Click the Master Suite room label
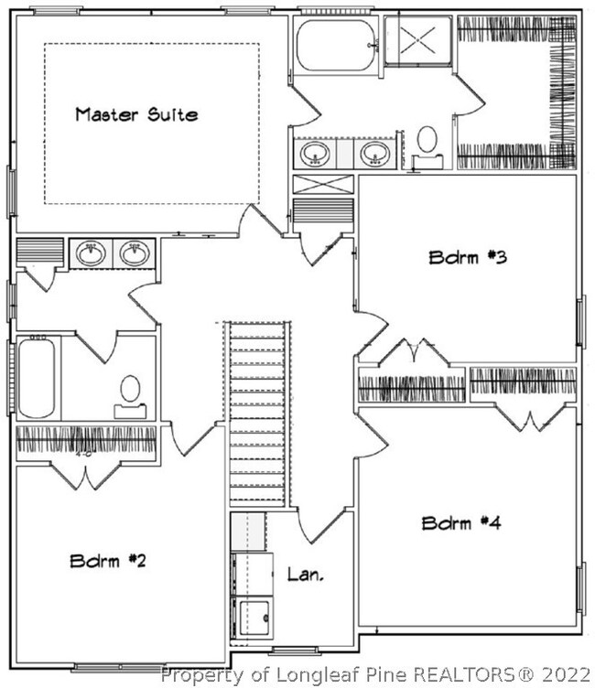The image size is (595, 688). (x=136, y=114)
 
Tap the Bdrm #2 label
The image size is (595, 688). (x=108, y=560)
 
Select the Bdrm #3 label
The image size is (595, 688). (x=468, y=257)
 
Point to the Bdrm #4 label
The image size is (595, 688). (x=461, y=523)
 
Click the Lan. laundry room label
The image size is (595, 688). (x=306, y=574)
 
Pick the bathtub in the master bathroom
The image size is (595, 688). (x=336, y=45)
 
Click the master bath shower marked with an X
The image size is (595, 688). (x=417, y=41)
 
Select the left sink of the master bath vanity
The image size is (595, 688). (x=315, y=154)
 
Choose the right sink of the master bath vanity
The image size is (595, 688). (x=375, y=154)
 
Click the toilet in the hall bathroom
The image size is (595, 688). (x=130, y=397)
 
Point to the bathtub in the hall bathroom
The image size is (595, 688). (x=37, y=378)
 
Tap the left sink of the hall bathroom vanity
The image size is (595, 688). (x=91, y=253)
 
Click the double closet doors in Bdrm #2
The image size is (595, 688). (x=86, y=476)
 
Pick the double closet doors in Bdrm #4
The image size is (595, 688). (x=531, y=418)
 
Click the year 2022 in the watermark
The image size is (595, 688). (x=567, y=673)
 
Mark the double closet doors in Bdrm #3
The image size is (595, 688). (x=414, y=351)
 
